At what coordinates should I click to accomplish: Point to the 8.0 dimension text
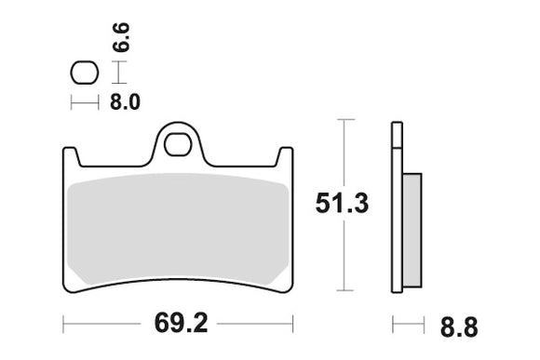tap(123, 103)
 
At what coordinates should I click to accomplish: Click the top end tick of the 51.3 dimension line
tap(346, 120)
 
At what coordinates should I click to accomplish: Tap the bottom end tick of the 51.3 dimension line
tap(346, 290)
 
